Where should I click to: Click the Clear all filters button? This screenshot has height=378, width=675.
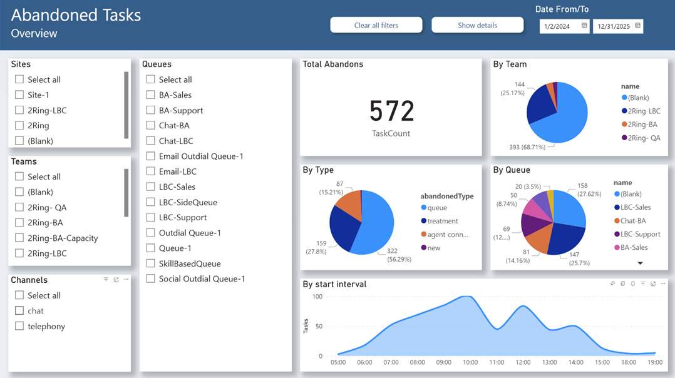(376, 25)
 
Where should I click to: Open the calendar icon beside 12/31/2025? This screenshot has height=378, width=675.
(637, 26)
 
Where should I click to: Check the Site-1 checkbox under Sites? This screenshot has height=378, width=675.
(19, 95)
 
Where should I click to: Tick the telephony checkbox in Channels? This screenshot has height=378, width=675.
(19, 326)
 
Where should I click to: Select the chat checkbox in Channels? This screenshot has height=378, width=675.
(19, 311)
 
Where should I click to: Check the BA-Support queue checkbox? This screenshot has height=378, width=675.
(151, 110)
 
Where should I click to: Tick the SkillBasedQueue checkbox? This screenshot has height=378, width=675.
(151, 263)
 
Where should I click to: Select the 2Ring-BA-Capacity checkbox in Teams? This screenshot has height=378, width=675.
(19, 238)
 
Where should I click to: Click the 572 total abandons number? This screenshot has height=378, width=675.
(391, 111)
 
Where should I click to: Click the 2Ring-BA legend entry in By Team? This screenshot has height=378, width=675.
(642, 125)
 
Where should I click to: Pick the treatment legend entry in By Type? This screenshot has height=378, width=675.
(442, 221)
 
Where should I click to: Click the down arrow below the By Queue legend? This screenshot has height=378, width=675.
(640, 263)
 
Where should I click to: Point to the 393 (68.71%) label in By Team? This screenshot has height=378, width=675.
(510, 146)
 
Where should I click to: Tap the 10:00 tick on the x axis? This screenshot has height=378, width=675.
(470, 362)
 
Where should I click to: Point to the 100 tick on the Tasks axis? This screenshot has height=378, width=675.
(317, 296)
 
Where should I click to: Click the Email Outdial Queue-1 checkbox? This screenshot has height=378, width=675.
(151, 156)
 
